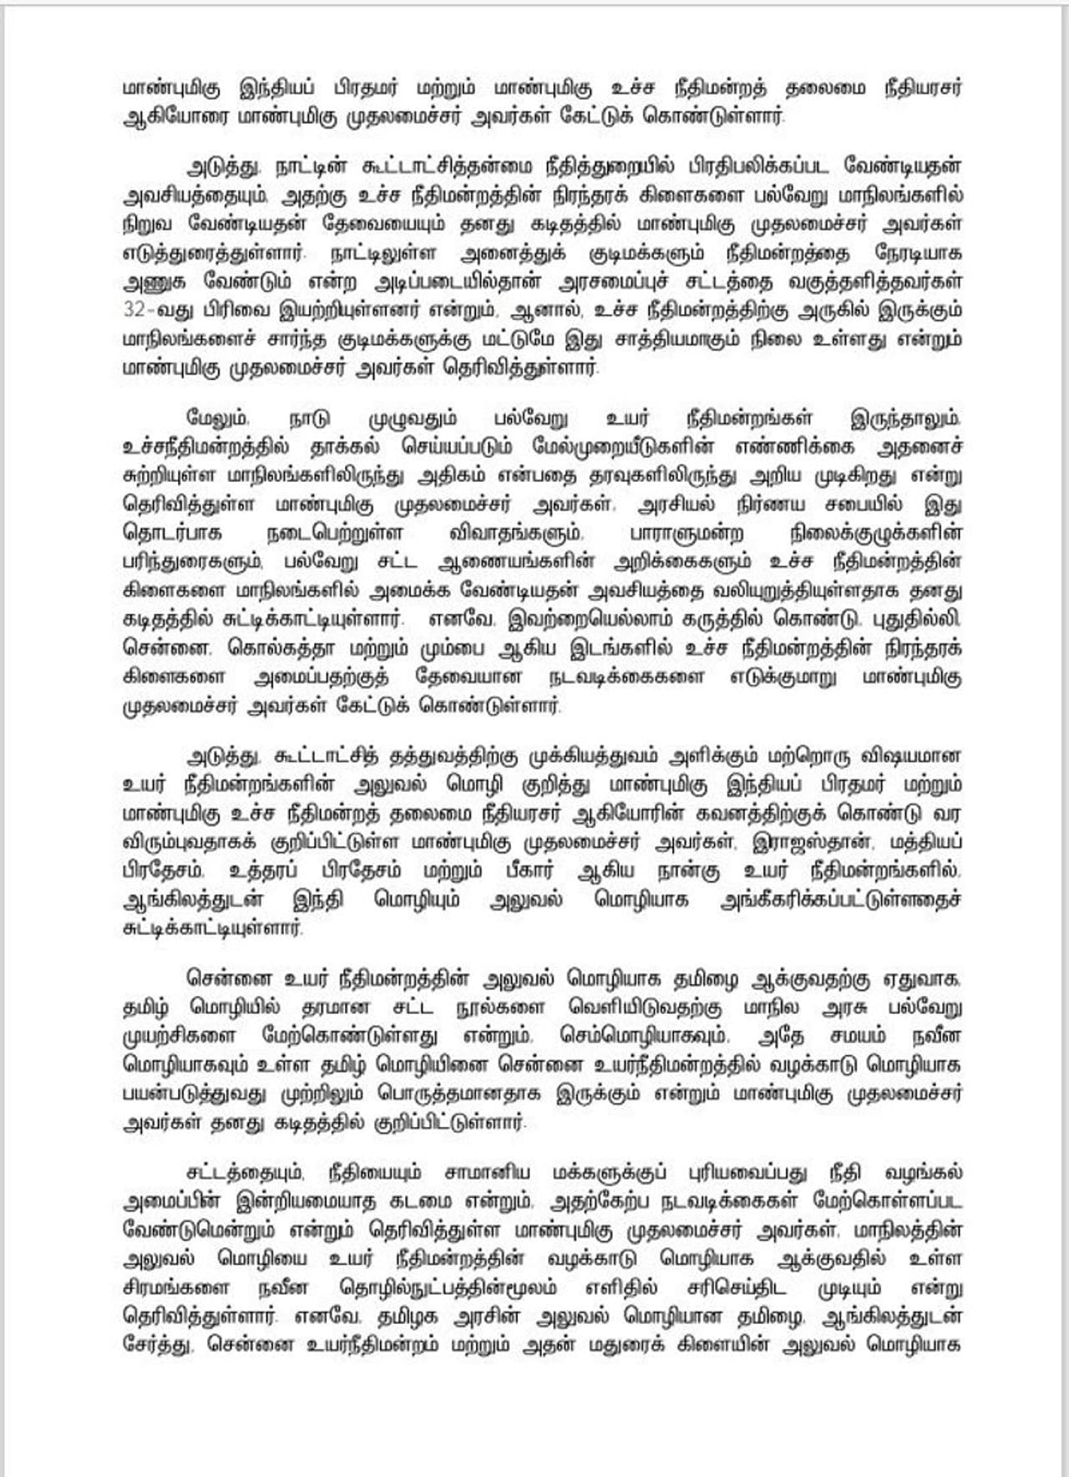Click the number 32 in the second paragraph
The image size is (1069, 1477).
tap(134, 309)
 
